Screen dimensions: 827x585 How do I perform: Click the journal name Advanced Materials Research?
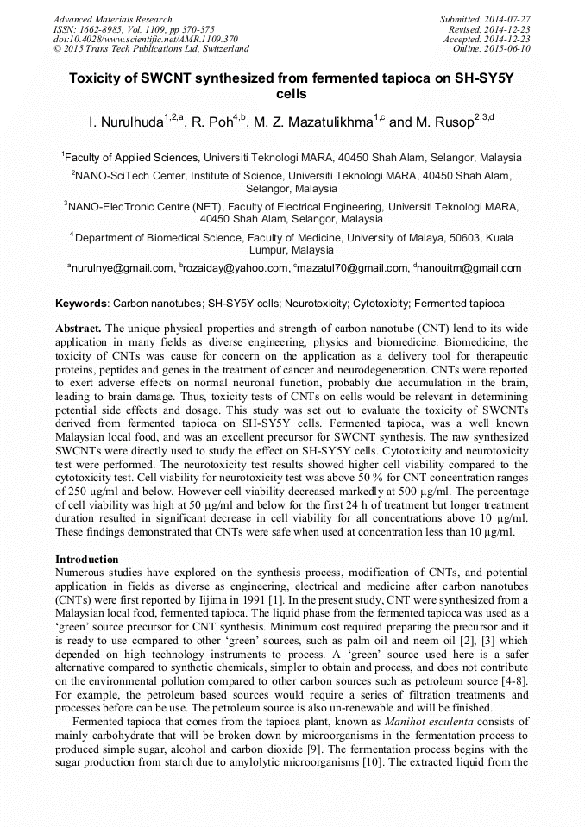coord(112,19)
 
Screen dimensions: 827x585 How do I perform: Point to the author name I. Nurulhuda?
coord(125,123)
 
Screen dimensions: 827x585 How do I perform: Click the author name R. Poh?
coord(213,123)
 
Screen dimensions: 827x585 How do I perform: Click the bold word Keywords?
coord(81,304)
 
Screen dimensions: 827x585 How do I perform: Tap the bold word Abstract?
coord(79,329)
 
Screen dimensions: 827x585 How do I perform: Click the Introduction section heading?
coord(87,560)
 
